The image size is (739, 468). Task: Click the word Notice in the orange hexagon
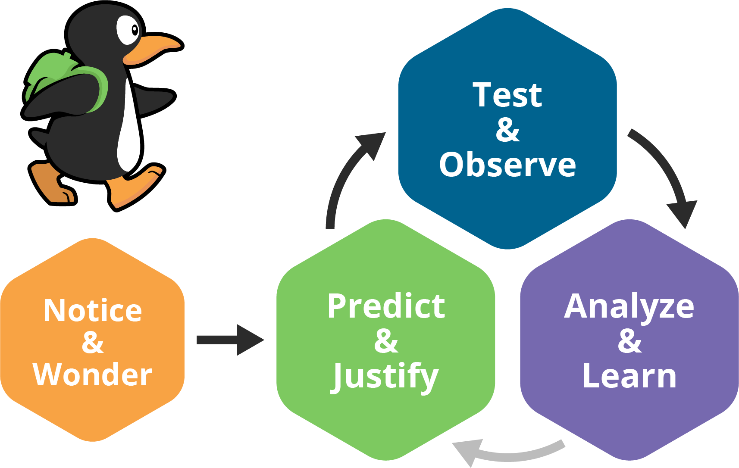[93, 311]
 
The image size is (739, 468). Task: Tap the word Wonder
[93, 375]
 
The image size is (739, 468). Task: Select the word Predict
[386, 306]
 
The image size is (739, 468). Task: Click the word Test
[507, 95]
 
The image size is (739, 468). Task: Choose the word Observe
[507, 165]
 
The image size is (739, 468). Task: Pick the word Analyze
[629, 306]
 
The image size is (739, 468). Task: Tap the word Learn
[629, 377]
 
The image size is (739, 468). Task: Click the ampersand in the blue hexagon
[507, 130]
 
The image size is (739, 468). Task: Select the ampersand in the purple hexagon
[629, 341]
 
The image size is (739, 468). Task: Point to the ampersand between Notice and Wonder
[93, 343]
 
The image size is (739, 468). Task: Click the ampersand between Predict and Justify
[386, 341]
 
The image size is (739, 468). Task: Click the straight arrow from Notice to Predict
[229, 340]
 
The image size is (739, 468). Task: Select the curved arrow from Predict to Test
[345, 177]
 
